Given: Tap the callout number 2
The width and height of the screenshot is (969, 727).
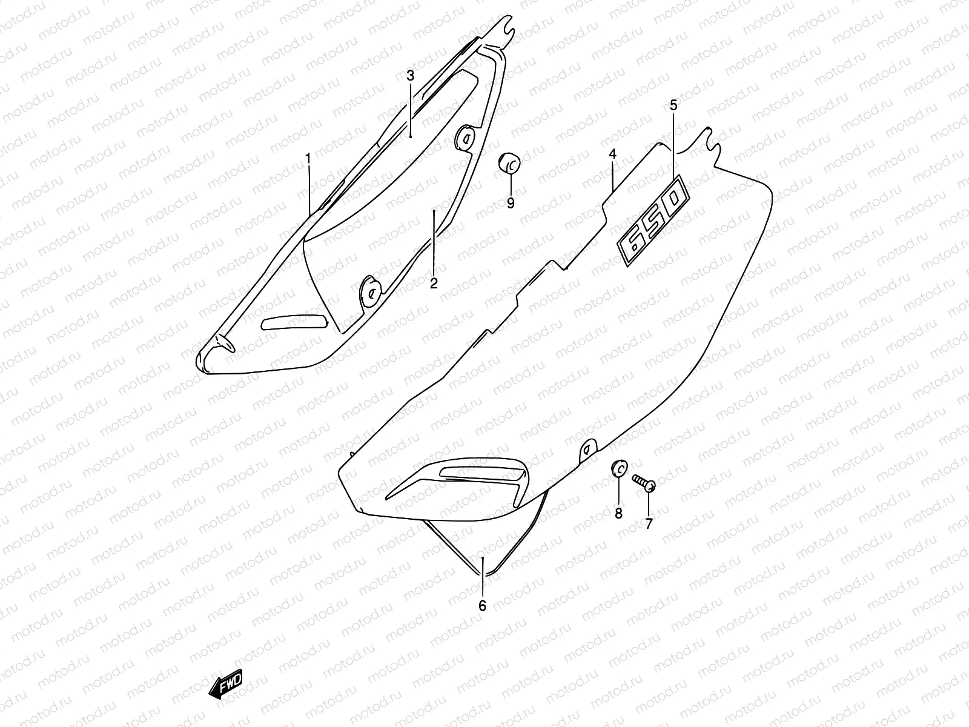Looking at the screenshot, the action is tap(434, 283).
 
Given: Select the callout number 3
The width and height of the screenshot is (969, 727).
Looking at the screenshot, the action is tap(410, 76).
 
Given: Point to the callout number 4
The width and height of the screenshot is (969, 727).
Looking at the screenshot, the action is tap(612, 155).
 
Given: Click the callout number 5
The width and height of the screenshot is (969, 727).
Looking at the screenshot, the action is tap(673, 105).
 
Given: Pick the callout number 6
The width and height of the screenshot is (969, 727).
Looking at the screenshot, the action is tap(482, 605).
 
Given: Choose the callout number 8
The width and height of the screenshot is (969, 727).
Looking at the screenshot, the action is tap(618, 514).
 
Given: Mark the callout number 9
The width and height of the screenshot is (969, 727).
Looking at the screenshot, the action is tap(511, 204).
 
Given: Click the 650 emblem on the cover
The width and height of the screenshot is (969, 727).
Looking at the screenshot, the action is tap(653, 222).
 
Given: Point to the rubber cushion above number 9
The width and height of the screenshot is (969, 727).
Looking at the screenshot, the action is tap(509, 163).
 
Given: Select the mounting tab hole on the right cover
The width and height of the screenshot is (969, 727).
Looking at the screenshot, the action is tap(586, 449).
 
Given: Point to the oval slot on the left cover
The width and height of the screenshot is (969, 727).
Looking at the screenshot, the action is tap(294, 322).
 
